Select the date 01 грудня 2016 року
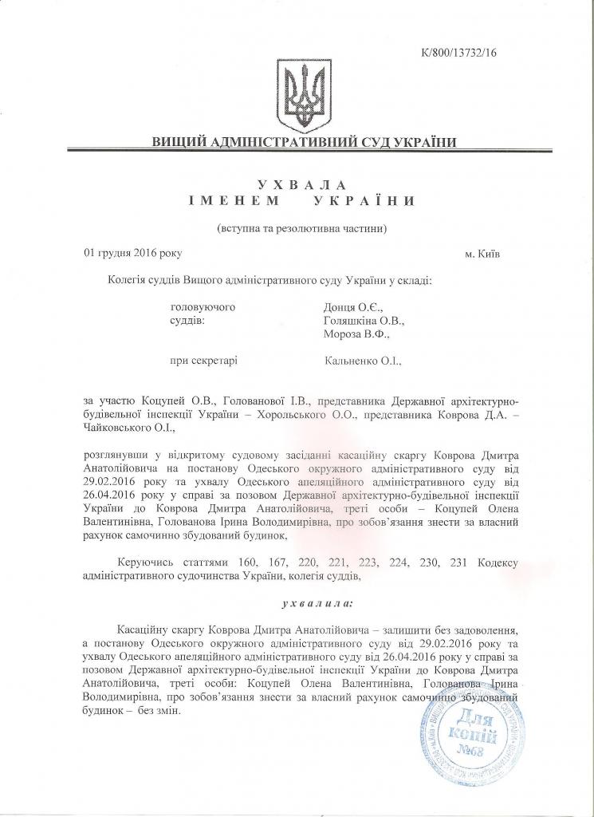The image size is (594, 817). pos(133,253)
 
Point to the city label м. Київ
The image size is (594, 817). pos(483,254)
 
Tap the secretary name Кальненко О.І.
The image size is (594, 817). pos(364,361)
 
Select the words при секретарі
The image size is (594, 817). pos(204,361)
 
